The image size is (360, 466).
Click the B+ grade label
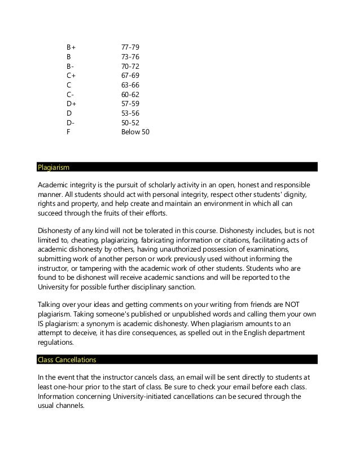pyautogui.click(x=71, y=47)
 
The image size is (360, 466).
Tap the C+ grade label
pyautogui.click(x=71, y=75)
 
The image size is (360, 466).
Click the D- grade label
pyautogui.click(x=70, y=122)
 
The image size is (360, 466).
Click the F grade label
pyautogui.click(x=68, y=132)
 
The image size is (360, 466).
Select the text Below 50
pyautogui.click(x=135, y=132)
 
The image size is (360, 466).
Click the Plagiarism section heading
pyautogui.click(x=54, y=167)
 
